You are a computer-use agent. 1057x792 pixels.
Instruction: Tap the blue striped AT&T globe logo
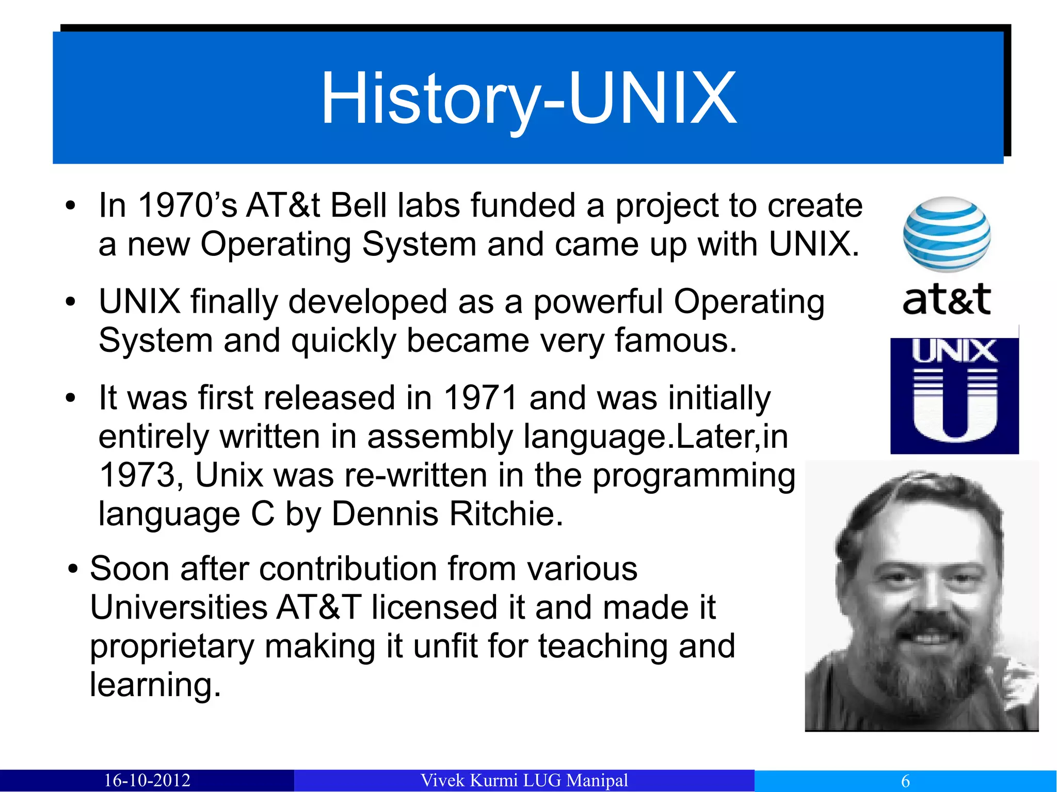click(x=947, y=234)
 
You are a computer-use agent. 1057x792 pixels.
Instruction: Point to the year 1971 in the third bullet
click(x=481, y=398)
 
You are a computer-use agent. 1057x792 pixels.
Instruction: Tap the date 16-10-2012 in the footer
click(x=147, y=780)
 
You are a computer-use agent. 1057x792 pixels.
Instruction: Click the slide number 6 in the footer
click(x=905, y=781)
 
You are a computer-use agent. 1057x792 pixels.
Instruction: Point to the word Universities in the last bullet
click(x=178, y=607)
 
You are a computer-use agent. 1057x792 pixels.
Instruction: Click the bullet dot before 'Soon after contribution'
click(x=73, y=570)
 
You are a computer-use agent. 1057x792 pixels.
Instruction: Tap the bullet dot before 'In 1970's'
click(x=71, y=206)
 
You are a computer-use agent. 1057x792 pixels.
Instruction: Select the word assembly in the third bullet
click(x=439, y=437)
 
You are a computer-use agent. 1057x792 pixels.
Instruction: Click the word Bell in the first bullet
click(x=359, y=205)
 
